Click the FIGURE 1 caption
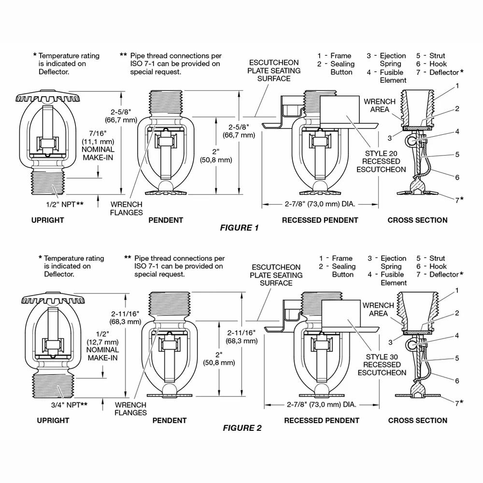[239, 228]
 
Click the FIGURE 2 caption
[242, 428]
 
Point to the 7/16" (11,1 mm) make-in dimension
[98, 149]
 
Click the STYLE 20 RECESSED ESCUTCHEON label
[379, 161]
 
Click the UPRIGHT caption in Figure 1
[47, 220]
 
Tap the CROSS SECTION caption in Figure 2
[418, 421]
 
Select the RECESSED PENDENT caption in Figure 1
[320, 220]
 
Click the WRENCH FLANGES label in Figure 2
[130, 409]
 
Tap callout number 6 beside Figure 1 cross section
[457, 177]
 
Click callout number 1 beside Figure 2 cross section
[457, 290]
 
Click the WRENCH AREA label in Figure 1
[380, 106]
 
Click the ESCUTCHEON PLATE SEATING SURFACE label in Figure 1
[274, 71]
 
